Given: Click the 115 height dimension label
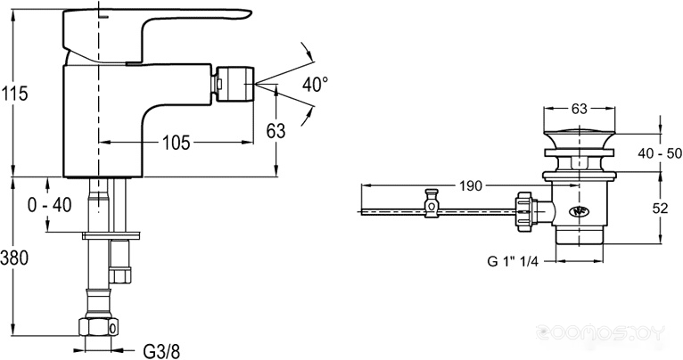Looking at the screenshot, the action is pos(14,94).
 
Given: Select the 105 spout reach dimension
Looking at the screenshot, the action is pos(177,142).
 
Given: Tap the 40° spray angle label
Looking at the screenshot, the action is pos(316,84).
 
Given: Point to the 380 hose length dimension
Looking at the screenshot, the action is pos(14,258).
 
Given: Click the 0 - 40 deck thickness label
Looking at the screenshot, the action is pos(50,205).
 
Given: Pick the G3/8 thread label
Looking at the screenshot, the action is pos(161,350).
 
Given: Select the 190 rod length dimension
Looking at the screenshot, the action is pos(471,186).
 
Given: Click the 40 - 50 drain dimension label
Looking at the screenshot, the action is pos(661,152).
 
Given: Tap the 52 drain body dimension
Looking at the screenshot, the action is pos(661,209).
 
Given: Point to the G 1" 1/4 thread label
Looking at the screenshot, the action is pos(513,261).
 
